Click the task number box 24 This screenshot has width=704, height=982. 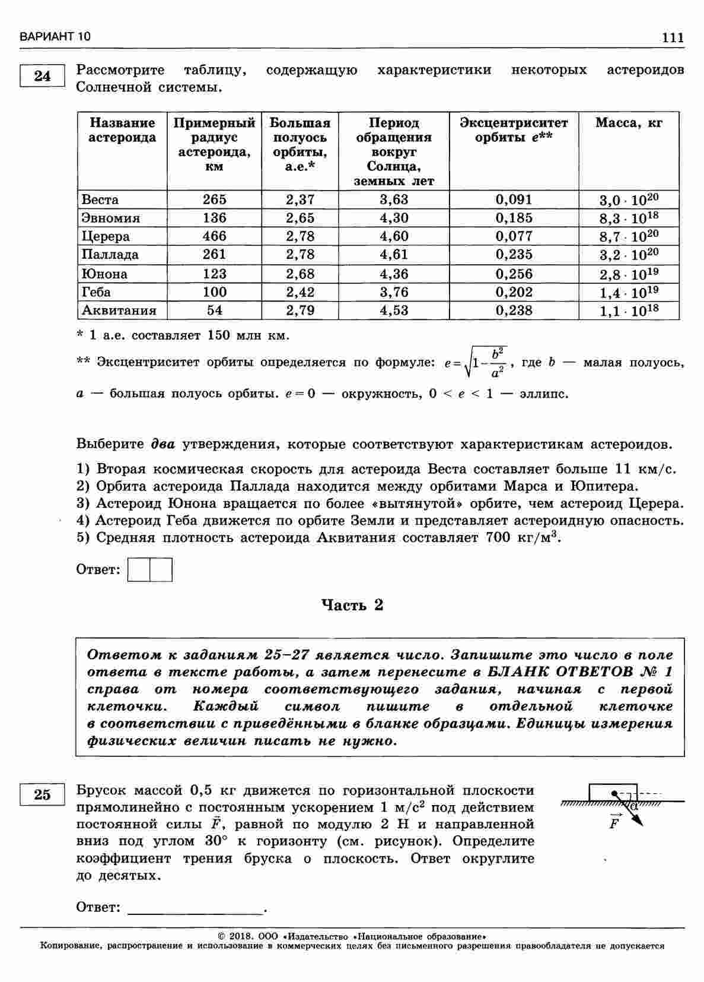coord(42,77)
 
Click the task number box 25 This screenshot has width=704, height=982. coord(42,794)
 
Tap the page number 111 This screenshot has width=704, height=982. coord(673,37)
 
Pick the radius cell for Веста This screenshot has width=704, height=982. coord(214,199)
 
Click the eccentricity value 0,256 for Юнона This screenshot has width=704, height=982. coord(514,274)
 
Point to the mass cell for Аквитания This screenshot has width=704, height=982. coord(629,311)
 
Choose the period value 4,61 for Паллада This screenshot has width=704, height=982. coord(394,255)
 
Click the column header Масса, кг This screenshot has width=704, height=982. coord(629,123)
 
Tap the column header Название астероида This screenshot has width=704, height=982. coord(122,130)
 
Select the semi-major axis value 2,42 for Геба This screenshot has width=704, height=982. coord(300,292)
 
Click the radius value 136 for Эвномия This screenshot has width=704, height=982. coord(214,218)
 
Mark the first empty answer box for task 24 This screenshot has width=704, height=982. coord(139,569)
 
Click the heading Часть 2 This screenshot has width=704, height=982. coord(352,605)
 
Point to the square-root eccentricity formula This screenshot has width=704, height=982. coord(476,362)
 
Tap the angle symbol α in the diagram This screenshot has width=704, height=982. coord(634,806)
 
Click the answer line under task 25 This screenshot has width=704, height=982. coord(196,908)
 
